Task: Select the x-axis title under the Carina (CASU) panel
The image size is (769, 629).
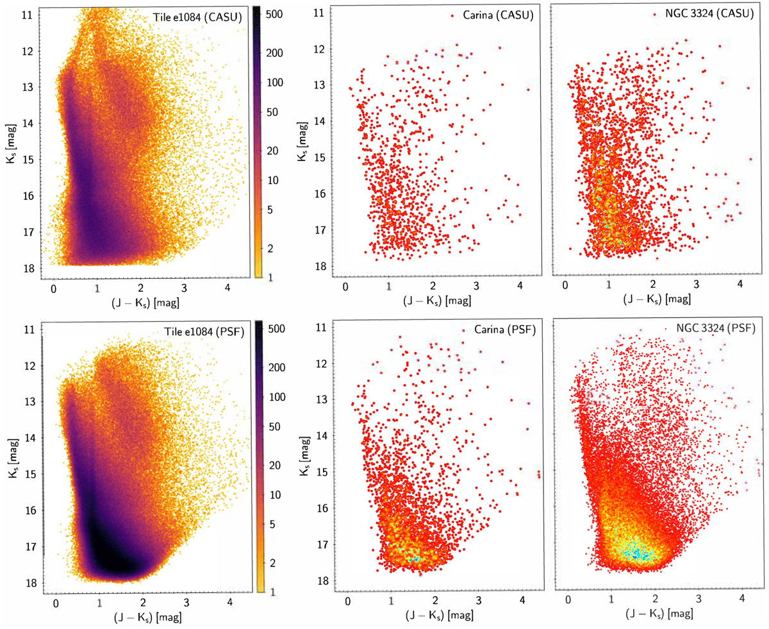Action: [434, 299]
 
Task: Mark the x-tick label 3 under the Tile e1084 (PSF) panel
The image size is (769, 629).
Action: [186, 602]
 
